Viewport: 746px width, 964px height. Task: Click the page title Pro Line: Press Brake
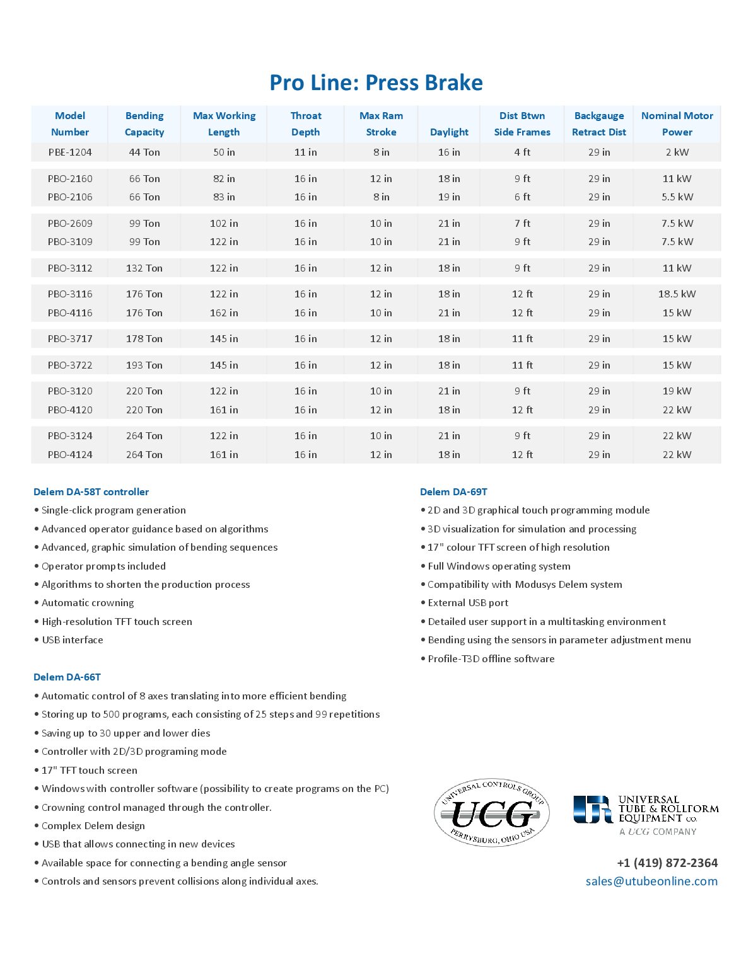tap(376, 83)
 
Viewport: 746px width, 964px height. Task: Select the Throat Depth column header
tap(306, 123)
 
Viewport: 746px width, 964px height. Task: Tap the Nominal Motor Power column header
tap(677, 123)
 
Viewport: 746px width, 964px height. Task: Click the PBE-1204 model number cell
tap(70, 152)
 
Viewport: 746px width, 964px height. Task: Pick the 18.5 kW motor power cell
tap(677, 294)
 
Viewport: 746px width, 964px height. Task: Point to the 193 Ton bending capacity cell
tap(144, 365)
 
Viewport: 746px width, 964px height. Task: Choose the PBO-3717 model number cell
tap(70, 338)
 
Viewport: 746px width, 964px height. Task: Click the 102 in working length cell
tap(224, 223)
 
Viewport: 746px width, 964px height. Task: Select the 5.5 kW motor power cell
tap(677, 197)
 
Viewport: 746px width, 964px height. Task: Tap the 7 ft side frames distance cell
tap(522, 223)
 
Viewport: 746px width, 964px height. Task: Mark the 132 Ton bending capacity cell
tap(144, 268)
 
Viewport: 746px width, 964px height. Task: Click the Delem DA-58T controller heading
tap(91, 491)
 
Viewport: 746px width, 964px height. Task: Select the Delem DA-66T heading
tap(67, 677)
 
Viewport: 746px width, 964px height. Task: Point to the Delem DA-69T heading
tap(453, 491)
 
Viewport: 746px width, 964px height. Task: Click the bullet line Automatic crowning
tap(88, 602)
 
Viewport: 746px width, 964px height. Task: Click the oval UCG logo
tap(491, 812)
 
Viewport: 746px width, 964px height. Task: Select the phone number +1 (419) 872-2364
tap(667, 863)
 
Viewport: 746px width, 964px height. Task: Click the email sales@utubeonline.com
tap(651, 881)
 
